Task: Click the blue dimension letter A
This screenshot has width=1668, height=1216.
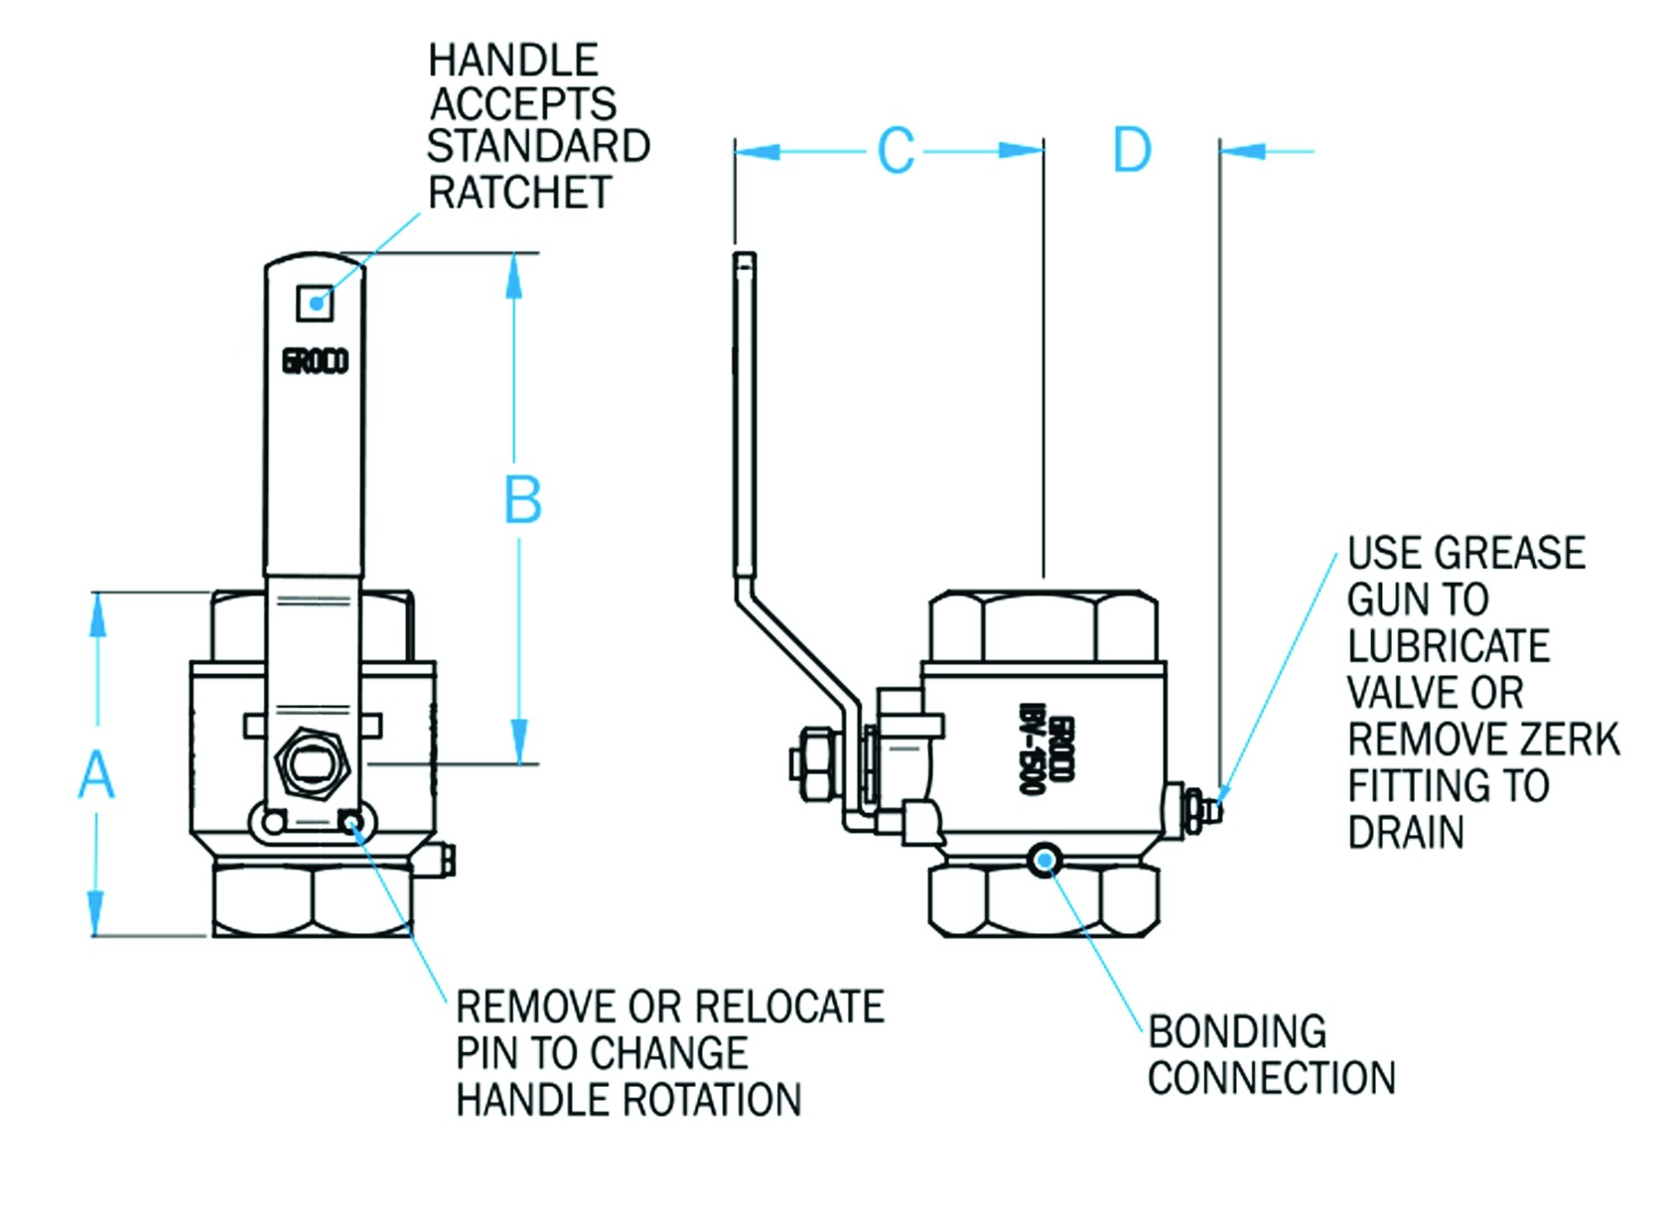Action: click(96, 774)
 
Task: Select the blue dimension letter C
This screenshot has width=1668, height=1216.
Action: click(896, 151)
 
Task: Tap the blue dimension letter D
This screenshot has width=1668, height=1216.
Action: click(1132, 151)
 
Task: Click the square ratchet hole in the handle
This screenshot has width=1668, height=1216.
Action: click(315, 302)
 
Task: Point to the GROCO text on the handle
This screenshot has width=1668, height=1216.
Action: click(315, 361)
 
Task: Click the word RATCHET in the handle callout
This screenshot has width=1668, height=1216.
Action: click(519, 193)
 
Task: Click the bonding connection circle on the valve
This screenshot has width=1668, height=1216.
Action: click(1043, 860)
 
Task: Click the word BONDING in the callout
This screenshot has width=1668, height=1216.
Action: click(1237, 1032)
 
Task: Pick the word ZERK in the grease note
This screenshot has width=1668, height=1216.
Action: click(1569, 740)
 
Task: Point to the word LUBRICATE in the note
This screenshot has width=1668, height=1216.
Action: click(1448, 646)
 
